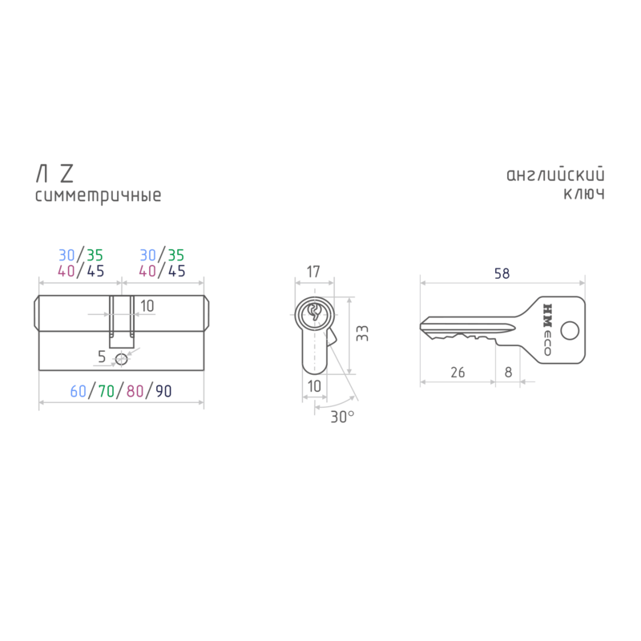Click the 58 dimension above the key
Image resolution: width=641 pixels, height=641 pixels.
[502, 273]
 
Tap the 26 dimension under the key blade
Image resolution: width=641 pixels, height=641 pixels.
[458, 373]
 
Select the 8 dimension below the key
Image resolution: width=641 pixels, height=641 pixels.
[508, 373]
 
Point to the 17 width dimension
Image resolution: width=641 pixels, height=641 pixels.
[313, 272]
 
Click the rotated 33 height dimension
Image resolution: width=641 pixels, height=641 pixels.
[362, 333]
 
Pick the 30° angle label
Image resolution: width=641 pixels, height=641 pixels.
[343, 417]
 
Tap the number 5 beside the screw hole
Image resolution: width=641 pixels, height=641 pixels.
[102, 357]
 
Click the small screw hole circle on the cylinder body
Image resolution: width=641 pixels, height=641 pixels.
[122, 359]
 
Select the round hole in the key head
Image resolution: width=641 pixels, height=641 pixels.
[570, 331]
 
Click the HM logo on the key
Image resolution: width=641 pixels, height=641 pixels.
[547, 315]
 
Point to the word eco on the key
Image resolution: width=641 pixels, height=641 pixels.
[547, 344]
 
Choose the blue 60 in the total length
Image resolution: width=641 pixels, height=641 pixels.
[78, 391]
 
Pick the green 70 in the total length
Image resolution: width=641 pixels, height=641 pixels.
[107, 391]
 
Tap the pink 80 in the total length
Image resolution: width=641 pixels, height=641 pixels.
[135, 391]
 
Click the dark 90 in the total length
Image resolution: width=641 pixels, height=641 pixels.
[163, 391]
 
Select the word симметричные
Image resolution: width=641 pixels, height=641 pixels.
[98, 196]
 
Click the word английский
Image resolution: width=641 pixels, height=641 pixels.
[555, 175]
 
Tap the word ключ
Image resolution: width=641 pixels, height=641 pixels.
[584, 194]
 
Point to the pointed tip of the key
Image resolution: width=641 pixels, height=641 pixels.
[421, 326]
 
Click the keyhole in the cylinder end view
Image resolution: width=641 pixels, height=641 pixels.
[314, 312]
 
